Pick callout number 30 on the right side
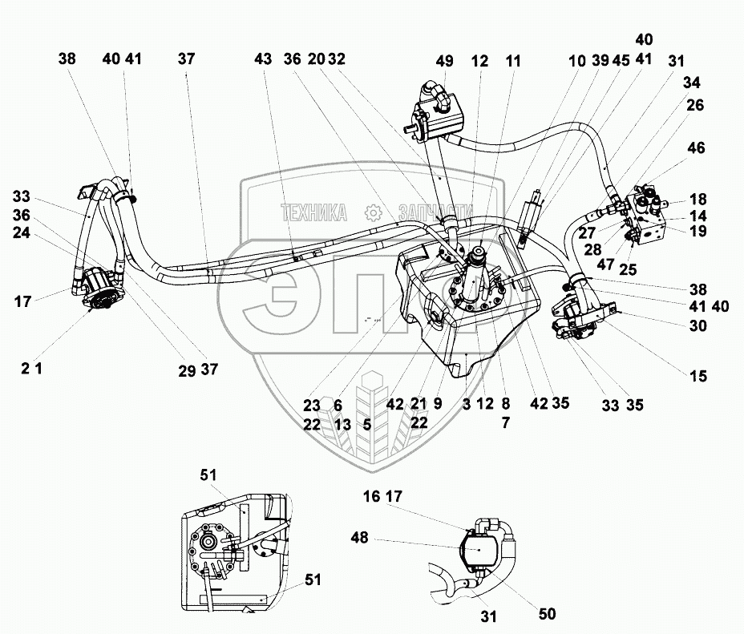tap(697, 325)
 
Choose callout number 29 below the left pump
tap(187, 369)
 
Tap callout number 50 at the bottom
tap(547, 614)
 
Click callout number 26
tap(696, 104)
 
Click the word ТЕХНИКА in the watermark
tap(313, 212)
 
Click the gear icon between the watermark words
tap(371, 212)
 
